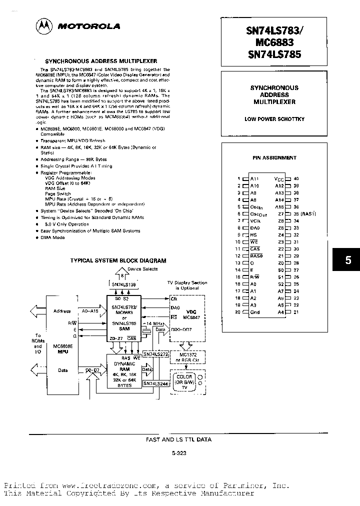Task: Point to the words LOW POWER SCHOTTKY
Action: (274, 119)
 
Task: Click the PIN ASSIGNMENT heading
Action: (274, 157)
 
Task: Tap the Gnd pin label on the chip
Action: (254, 312)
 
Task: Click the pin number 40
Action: (296, 178)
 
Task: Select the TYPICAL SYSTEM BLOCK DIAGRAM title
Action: (118, 260)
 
